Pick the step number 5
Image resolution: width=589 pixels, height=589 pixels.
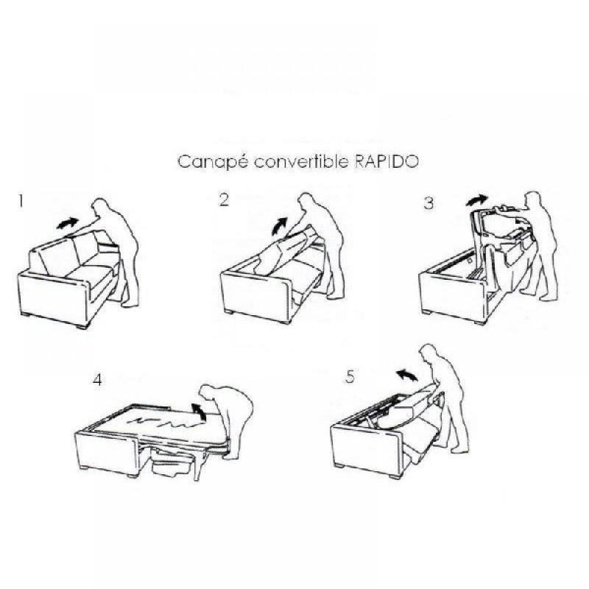(x=350, y=377)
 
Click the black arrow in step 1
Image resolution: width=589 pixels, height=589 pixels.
(x=68, y=221)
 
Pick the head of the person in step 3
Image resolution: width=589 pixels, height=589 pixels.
(x=531, y=200)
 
